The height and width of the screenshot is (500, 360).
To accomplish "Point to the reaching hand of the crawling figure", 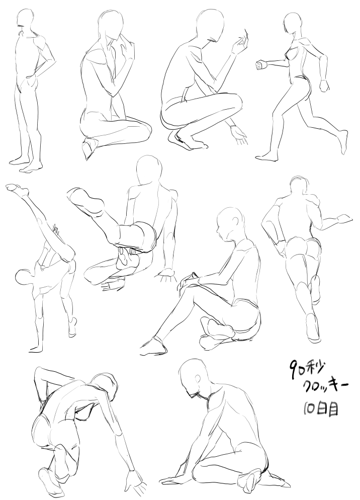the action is click(x=134, y=481).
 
